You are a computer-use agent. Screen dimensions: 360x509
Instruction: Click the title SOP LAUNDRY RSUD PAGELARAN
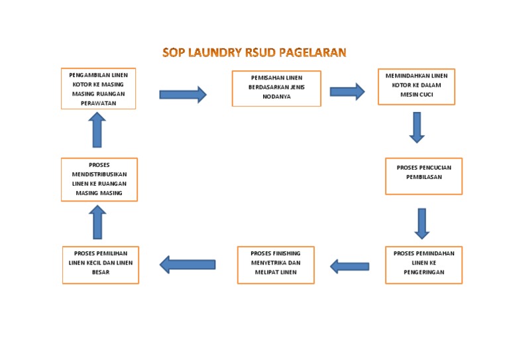[x=254, y=52]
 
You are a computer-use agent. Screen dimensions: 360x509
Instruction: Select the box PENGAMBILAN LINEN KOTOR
[x=98, y=89]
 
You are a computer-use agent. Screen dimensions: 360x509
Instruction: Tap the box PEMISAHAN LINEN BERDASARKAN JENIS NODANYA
[x=276, y=88]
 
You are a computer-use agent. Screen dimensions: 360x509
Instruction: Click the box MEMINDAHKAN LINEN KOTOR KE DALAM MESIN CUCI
[x=416, y=86]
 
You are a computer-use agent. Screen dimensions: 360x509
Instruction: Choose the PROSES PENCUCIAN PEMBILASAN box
[x=424, y=176]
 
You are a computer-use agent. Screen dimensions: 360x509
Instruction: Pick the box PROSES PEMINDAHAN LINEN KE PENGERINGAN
[x=424, y=265]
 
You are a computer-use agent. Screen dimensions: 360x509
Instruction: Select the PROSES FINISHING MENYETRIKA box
[x=276, y=264]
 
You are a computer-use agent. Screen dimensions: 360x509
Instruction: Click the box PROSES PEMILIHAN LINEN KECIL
[x=101, y=265]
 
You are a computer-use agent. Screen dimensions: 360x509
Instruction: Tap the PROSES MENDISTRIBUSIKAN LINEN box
[x=99, y=179]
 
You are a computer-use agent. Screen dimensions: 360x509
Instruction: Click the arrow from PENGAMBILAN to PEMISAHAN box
[x=183, y=95]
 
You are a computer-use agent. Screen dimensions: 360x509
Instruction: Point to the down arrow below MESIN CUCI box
[x=416, y=127]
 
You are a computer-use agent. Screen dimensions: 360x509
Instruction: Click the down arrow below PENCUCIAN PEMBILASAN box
[x=422, y=223]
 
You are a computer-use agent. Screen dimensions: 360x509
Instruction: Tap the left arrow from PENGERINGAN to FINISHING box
[x=349, y=267]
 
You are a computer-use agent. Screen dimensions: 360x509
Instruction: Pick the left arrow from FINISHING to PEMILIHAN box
[x=188, y=265]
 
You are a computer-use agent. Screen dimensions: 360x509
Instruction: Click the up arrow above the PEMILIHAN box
[x=97, y=221]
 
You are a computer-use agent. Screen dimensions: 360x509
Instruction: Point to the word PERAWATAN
[x=98, y=104]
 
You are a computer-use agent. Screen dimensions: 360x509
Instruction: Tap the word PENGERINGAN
[x=424, y=272]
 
